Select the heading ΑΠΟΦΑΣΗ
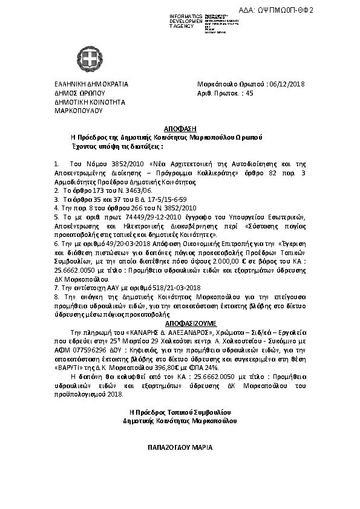coord(180,129)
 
